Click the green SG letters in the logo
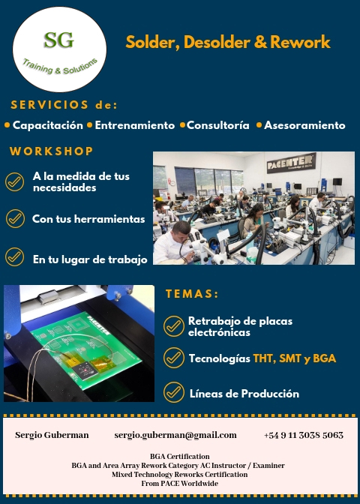click(58, 40)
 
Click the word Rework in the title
click(300, 42)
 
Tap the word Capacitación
click(47, 125)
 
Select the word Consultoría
click(218, 125)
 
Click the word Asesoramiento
click(304, 125)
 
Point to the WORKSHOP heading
click(52, 151)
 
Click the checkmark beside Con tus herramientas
click(15, 218)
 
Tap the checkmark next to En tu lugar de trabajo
click(15, 256)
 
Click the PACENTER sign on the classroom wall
click(291, 163)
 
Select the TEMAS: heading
click(192, 294)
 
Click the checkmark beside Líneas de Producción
click(174, 392)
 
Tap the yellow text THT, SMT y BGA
click(295, 358)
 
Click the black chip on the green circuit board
click(85, 370)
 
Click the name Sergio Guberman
click(52, 435)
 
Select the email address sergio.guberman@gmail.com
click(175, 435)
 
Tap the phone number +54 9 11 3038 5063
click(304, 435)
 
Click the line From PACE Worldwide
click(180, 484)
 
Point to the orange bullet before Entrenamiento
click(90, 125)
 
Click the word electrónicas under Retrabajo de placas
click(219, 332)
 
